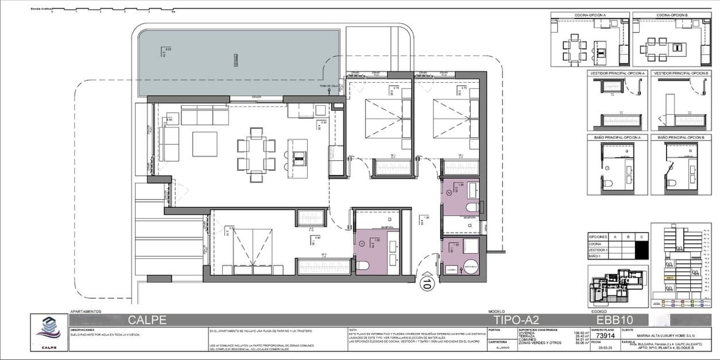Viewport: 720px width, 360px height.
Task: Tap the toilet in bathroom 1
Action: pyautogui.click(x=363, y=265)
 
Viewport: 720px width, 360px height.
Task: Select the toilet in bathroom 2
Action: pyautogui.click(x=471, y=207)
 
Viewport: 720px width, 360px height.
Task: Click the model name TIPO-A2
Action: pyautogui.click(x=516, y=320)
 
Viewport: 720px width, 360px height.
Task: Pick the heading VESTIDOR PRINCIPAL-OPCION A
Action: pyautogui.click(x=618, y=73)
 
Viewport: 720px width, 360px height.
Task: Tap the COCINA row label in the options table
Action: pyautogui.click(x=595, y=244)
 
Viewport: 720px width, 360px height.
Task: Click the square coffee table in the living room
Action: pyautogui.click(x=205, y=144)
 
